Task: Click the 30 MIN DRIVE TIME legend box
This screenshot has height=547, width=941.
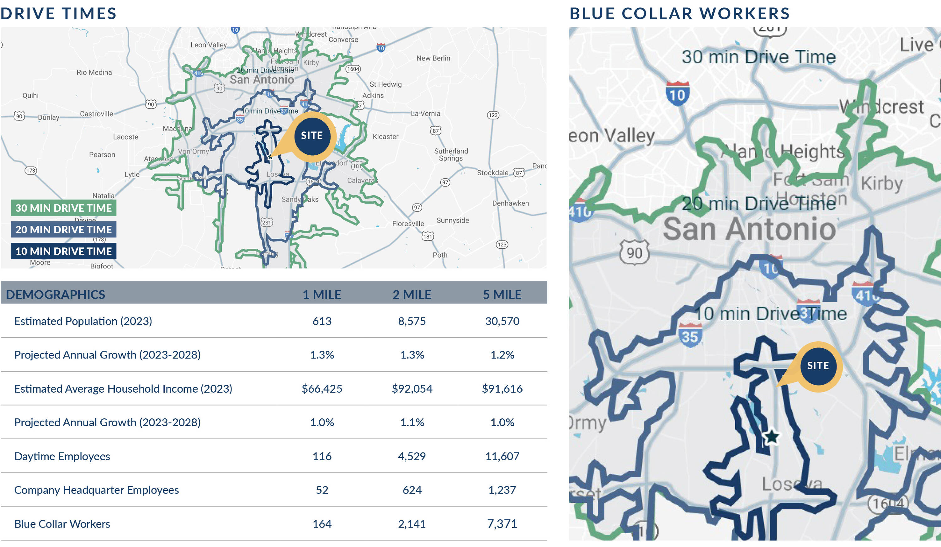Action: point(63,208)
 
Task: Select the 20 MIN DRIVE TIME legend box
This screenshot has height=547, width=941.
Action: point(63,230)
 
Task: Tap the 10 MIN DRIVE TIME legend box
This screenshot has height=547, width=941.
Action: point(63,251)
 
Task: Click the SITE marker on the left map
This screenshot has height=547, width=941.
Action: point(312,135)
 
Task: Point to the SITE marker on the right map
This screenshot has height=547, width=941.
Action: point(817,366)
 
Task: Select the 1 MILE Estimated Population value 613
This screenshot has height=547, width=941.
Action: point(322,321)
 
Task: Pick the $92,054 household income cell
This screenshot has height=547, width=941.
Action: point(412,389)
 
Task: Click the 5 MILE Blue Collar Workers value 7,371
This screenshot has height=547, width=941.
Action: point(502,524)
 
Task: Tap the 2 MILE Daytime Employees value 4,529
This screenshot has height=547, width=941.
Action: point(412,456)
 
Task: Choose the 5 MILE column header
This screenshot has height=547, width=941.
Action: point(502,295)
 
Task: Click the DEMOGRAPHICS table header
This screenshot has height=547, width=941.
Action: point(56,295)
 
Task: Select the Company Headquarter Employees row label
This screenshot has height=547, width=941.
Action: point(96,490)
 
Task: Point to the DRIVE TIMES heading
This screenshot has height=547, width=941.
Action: point(59,14)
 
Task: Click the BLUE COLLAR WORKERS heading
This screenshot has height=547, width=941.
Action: point(680,14)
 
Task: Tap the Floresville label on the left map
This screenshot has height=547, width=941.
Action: point(408,224)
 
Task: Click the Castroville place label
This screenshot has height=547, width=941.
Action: point(96,114)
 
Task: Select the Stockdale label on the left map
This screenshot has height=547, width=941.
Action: point(492,173)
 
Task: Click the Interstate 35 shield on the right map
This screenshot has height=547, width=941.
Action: point(689,335)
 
